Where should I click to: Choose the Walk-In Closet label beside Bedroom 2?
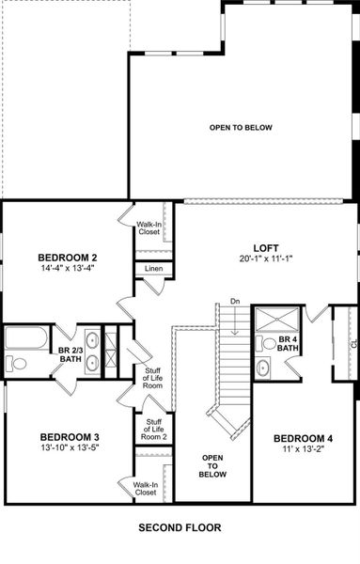pyautogui.click(x=148, y=228)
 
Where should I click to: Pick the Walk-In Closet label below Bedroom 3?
pyautogui.click(x=145, y=488)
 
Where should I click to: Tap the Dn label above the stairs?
pyautogui.click(x=234, y=302)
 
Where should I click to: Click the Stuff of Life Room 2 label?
pyautogui.click(x=153, y=431)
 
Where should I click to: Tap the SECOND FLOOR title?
pyautogui.click(x=178, y=528)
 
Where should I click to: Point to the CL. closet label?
pyautogui.click(x=352, y=343)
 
